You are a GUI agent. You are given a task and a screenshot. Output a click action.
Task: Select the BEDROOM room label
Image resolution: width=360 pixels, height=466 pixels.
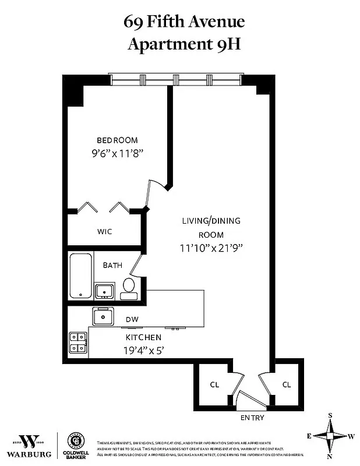pos(117,140)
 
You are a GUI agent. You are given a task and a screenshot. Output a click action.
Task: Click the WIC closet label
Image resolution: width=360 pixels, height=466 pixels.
pos(105,231)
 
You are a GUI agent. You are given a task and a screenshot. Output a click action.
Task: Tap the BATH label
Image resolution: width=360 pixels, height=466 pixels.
pos(112,265)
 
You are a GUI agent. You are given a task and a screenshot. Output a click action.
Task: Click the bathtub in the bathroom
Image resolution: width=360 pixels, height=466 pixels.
pos(80,276)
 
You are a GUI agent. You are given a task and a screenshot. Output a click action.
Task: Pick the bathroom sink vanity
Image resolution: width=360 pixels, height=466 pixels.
pos(105,290)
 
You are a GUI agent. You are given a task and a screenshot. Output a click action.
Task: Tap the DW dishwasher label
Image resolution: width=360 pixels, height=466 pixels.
pos(132,319)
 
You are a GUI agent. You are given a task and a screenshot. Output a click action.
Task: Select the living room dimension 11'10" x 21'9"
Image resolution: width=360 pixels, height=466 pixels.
pos(211,247)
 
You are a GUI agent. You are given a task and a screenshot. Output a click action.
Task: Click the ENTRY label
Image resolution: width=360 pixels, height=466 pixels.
pos(252,418)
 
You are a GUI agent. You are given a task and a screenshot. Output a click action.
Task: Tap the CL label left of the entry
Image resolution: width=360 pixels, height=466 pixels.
pos(214,384)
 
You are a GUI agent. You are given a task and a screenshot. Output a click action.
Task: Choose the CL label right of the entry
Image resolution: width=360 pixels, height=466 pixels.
pos(286,384)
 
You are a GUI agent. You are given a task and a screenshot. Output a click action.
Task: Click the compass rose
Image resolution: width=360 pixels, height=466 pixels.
pos(330,436)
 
